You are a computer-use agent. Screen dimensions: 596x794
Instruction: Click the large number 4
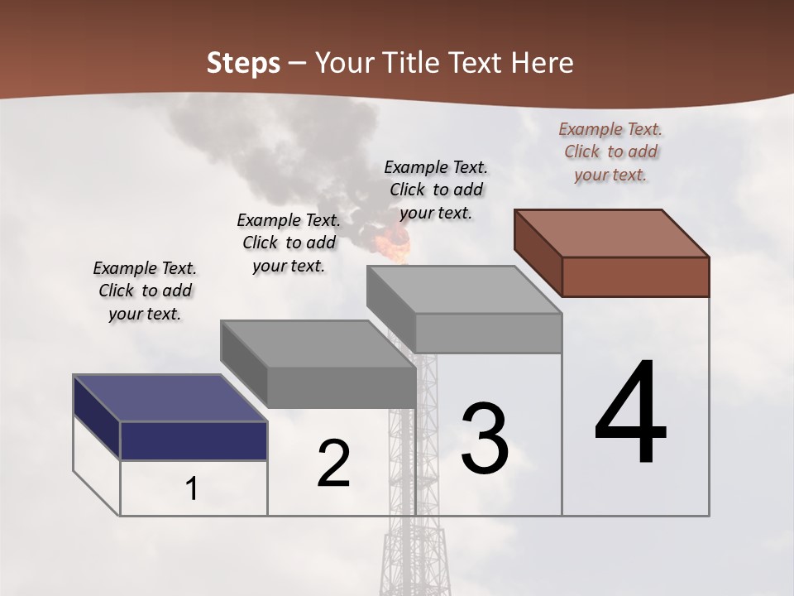(x=631, y=414)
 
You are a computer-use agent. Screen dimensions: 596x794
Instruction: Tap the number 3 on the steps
(x=485, y=439)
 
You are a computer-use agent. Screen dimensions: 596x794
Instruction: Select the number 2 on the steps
(x=333, y=464)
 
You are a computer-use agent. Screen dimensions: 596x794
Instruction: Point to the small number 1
(x=192, y=489)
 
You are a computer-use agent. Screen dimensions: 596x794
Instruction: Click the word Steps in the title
(x=243, y=63)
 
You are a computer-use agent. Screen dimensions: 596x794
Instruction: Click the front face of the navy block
(x=194, y=440)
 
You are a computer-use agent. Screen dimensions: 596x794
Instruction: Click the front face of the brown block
(x=635, y=276)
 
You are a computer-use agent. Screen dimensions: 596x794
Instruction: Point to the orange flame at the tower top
(x=393, y=242)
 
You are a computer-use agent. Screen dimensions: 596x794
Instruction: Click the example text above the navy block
(x=145, y=291)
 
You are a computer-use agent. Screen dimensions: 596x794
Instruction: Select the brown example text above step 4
(x=610, y=151)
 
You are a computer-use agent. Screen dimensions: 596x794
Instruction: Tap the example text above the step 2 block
(x=289, y=243)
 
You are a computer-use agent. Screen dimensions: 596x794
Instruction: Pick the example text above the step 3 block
(x=436, y=190)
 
